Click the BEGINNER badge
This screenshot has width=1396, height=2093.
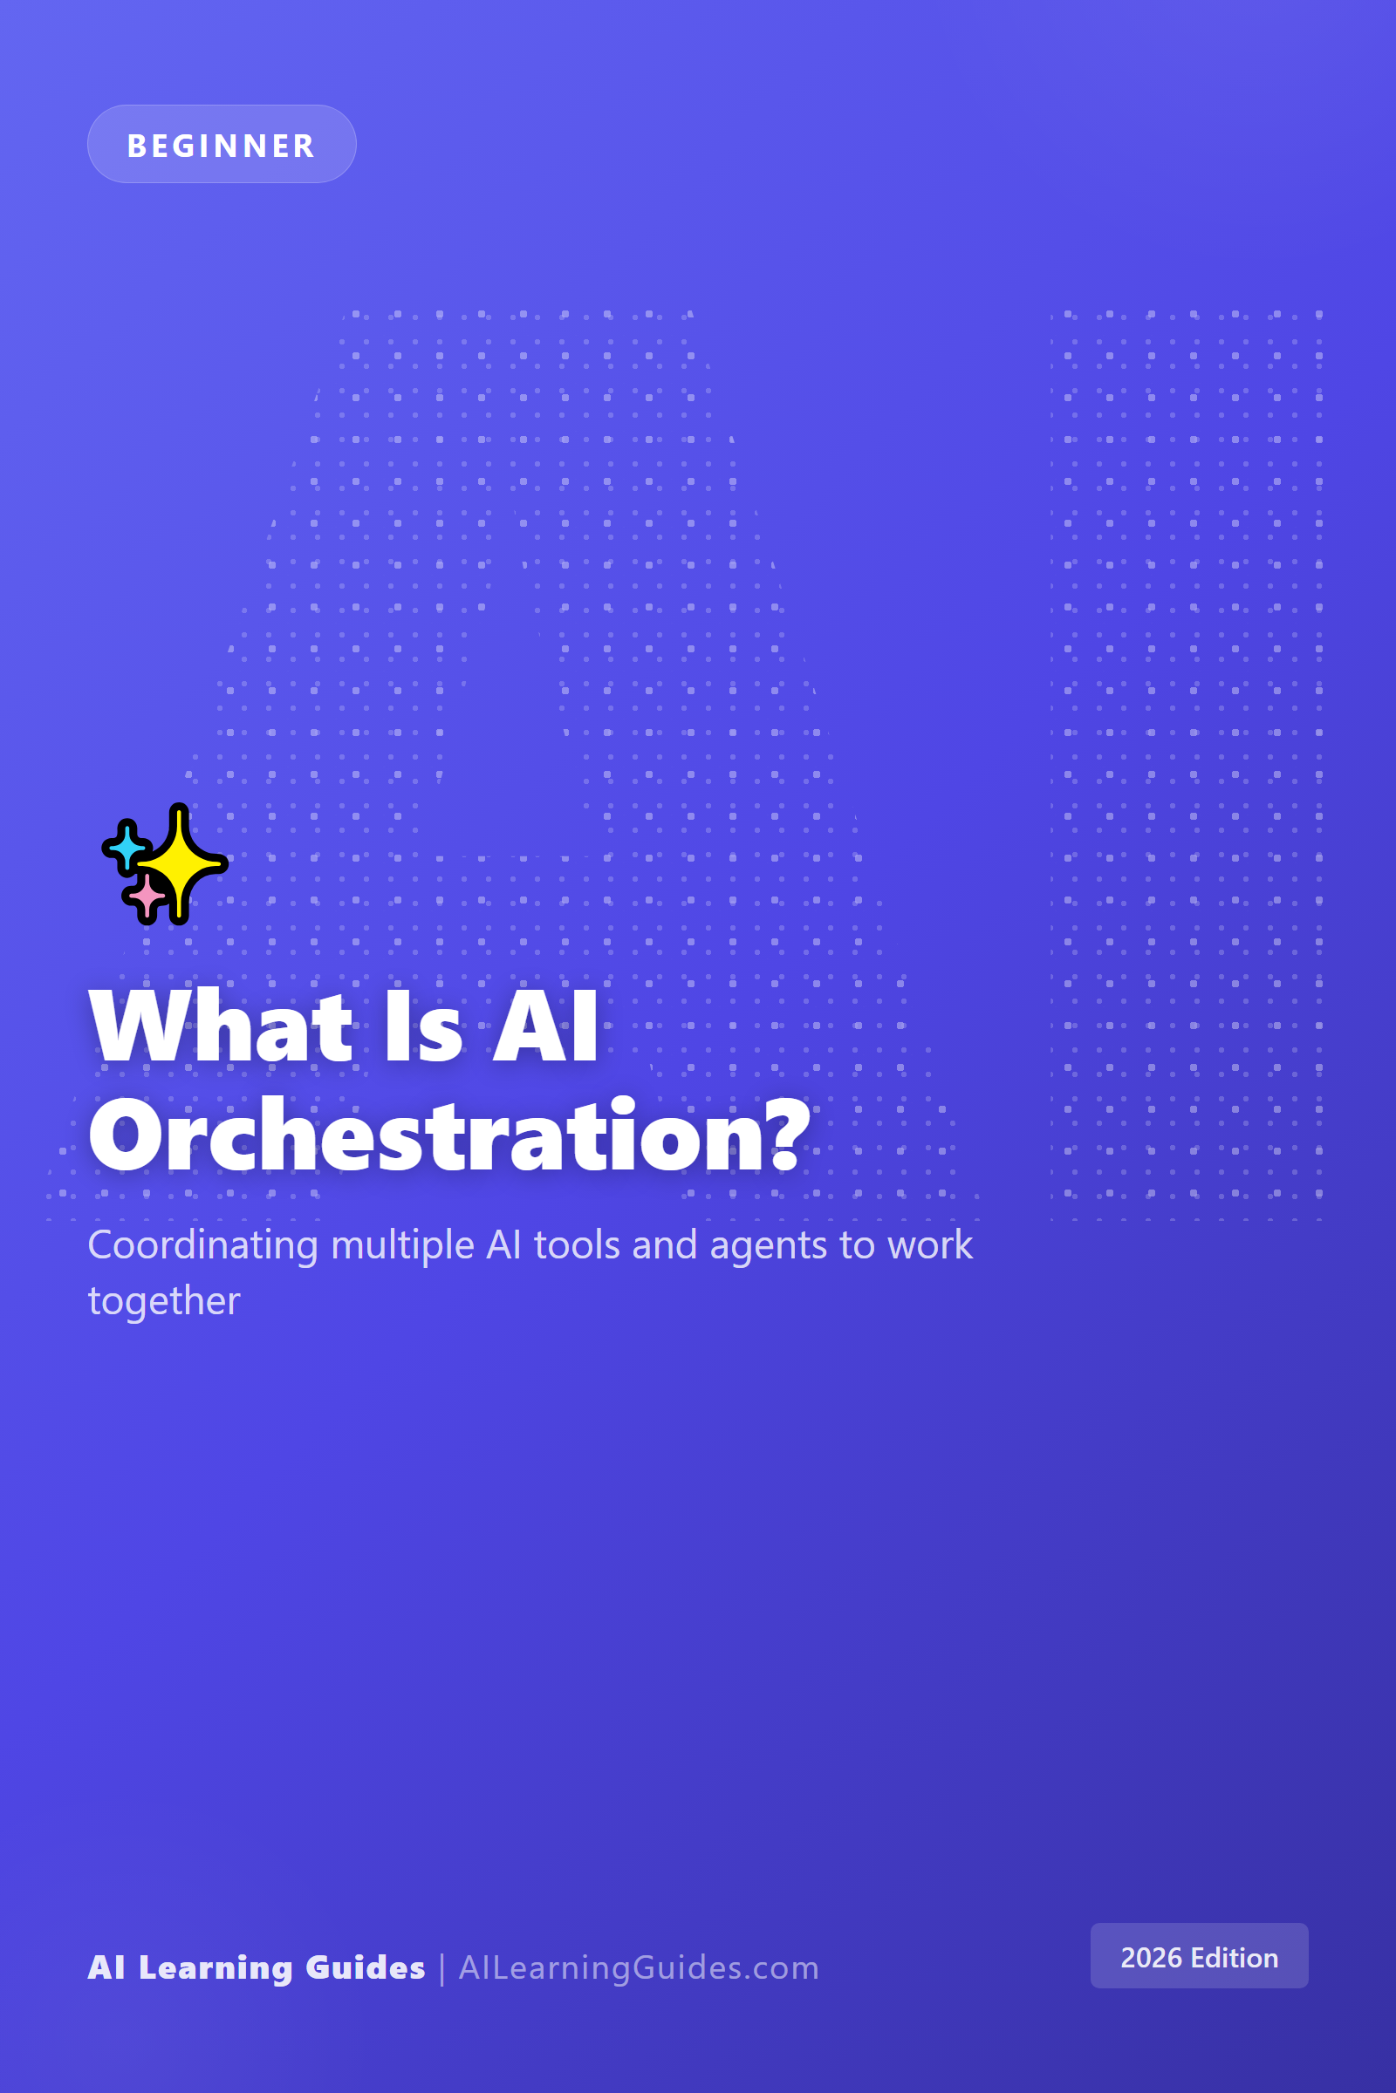tap(222, 144)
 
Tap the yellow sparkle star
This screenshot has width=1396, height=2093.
tap(181, 863)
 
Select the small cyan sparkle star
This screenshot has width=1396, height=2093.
tap(128, 846)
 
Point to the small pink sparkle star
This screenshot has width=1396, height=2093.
tap(147, 897)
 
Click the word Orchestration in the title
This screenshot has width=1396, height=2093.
tap(428, 1135)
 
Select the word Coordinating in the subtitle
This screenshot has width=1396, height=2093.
tap(203, 1246)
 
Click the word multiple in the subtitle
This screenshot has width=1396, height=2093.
tap(402, 1246)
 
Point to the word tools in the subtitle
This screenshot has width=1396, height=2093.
tap(577, 1244)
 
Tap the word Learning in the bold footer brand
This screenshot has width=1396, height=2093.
tap(216, 1968)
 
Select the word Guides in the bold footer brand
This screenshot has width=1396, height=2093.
tap(365, 1967)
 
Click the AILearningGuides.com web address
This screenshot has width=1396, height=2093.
tap(639, 1968)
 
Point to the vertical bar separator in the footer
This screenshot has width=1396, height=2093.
tap(441, 1968)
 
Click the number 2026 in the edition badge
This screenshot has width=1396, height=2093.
tap(1151, 1958)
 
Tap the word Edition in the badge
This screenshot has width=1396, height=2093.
tap(1234, 1958)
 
